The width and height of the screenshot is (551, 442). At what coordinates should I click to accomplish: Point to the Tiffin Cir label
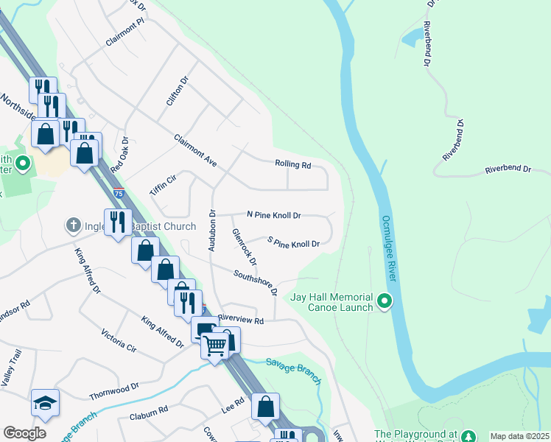pos(163,184)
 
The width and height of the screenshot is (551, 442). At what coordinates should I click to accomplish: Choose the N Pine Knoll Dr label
pos(273,215)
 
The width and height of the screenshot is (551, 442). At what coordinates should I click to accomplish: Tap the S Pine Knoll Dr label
pos(293,243)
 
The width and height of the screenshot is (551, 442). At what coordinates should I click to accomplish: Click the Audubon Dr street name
pos(211,230)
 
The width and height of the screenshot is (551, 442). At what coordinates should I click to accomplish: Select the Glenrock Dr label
pos(244,247)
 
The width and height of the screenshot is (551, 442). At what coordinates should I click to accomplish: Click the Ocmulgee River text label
pos(389,248)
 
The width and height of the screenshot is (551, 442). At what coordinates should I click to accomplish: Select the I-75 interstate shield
pos(119,194)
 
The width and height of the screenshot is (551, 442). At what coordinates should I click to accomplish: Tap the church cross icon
pos(72,225)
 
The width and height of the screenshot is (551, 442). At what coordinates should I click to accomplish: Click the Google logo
pos(24,433)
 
